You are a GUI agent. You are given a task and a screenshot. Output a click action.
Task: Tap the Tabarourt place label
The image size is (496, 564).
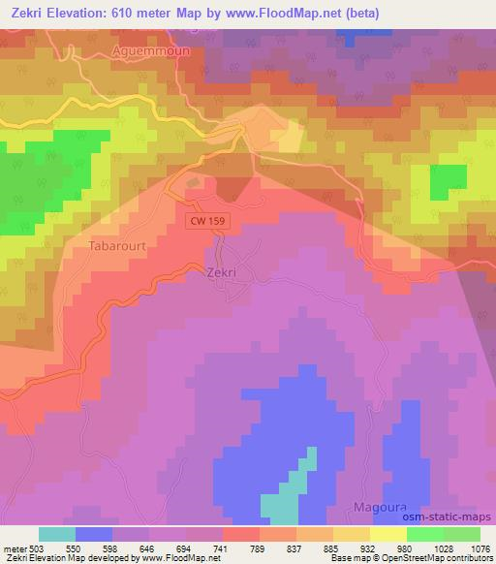tap(119, 246)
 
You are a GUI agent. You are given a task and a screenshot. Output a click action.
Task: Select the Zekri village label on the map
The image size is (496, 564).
tap(222, 273)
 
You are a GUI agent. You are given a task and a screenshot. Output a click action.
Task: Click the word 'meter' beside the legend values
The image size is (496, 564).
tap(14, 547)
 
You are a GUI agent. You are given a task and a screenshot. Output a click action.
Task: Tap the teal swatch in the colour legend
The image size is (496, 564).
tap(57, 534)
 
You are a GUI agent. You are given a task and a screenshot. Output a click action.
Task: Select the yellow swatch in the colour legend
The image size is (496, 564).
tap(388, 534)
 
